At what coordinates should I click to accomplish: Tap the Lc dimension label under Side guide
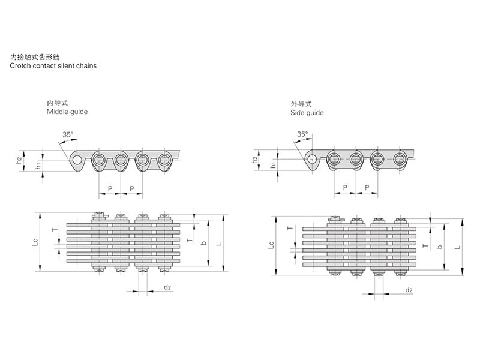[x=271, y=245]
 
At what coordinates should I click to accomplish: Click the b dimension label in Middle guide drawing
[x=205, y=242]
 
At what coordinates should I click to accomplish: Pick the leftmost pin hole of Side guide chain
[x=312, y=159]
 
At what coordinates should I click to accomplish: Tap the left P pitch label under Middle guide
[x=109, y=188]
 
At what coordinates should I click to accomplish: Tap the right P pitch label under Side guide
[x=366, y=188]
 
